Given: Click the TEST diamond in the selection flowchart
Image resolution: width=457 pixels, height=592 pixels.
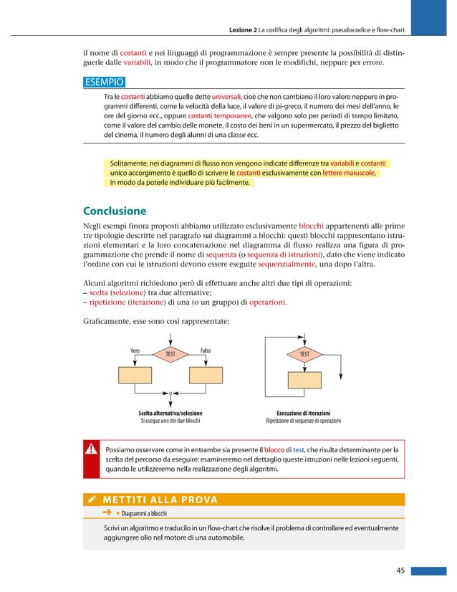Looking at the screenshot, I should tap(170, 354).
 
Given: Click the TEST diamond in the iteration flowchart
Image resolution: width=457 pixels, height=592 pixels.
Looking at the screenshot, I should tap(304, 354).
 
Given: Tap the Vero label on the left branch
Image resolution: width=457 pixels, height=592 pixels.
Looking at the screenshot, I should tap(135, 350).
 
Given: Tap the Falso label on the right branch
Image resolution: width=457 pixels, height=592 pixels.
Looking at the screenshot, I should tap(205, 350).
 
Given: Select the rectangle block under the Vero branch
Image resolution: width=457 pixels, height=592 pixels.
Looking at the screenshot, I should tap(134, 376).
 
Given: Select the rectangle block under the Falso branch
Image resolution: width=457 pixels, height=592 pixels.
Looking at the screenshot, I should tap(206, 376).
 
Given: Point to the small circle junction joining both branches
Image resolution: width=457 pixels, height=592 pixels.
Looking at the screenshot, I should tap(170, 393).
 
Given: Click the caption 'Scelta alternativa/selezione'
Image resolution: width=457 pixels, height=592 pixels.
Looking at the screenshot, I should tap(170, 413).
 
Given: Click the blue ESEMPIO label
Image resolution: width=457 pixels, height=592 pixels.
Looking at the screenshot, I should tap(105, 82).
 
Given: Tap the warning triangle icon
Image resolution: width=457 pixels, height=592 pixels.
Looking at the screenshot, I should tap(92, 449).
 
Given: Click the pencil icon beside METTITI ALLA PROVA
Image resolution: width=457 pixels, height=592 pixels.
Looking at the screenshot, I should tap(92, 499).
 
